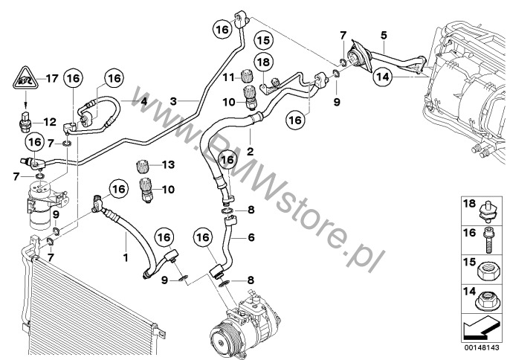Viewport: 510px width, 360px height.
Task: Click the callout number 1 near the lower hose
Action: pos(126,257)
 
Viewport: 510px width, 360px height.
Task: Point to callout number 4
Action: pos(144,102)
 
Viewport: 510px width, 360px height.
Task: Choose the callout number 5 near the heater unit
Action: pos(383,35)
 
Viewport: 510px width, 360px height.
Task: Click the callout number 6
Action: pos(251,238)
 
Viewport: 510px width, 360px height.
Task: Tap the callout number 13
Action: pos(167,164)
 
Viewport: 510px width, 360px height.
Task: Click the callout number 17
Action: pos(51,77)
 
